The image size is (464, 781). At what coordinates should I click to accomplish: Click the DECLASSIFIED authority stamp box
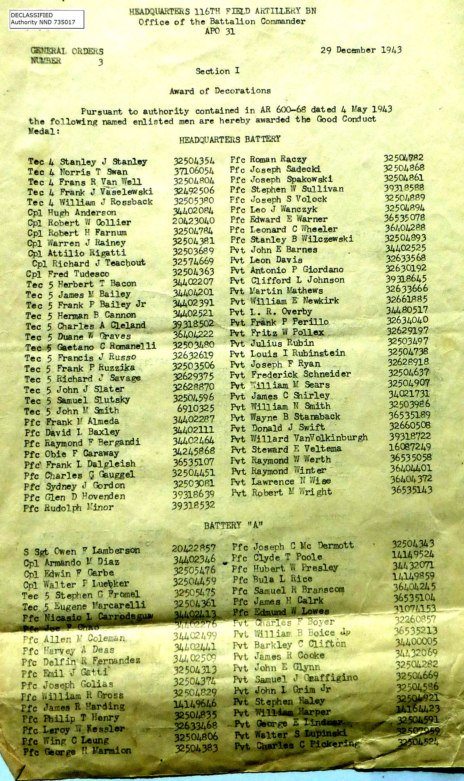(x=47, y=19)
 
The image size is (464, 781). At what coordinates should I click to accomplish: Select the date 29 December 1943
(x=361, y=50)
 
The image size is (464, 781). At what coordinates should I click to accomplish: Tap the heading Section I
(x=217, y=71)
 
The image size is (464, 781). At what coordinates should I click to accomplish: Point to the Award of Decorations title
(x=220, y=91)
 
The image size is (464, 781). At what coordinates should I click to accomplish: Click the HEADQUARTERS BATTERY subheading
(x=230, y=140)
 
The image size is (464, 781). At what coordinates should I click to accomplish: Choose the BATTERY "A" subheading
(x=233, y=525)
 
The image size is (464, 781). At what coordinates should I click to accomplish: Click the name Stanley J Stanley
(x=103, y=161)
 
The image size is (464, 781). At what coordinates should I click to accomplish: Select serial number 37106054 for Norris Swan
(x=194, y=171)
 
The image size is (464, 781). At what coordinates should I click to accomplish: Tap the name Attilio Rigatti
(x=87, y=253)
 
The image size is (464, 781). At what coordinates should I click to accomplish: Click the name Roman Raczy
(x=278, y=159)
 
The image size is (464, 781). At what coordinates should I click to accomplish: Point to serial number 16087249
(x=410, y=447)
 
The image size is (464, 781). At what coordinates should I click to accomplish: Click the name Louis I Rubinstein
(x=298, y=354)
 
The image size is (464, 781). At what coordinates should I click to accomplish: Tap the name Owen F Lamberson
(x=97, y=551)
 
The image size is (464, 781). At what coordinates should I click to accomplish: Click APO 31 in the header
(x=220, y=31)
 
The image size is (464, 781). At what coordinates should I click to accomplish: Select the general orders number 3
(x=100, y=62)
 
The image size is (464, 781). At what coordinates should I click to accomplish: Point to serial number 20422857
(x=193, y=548)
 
